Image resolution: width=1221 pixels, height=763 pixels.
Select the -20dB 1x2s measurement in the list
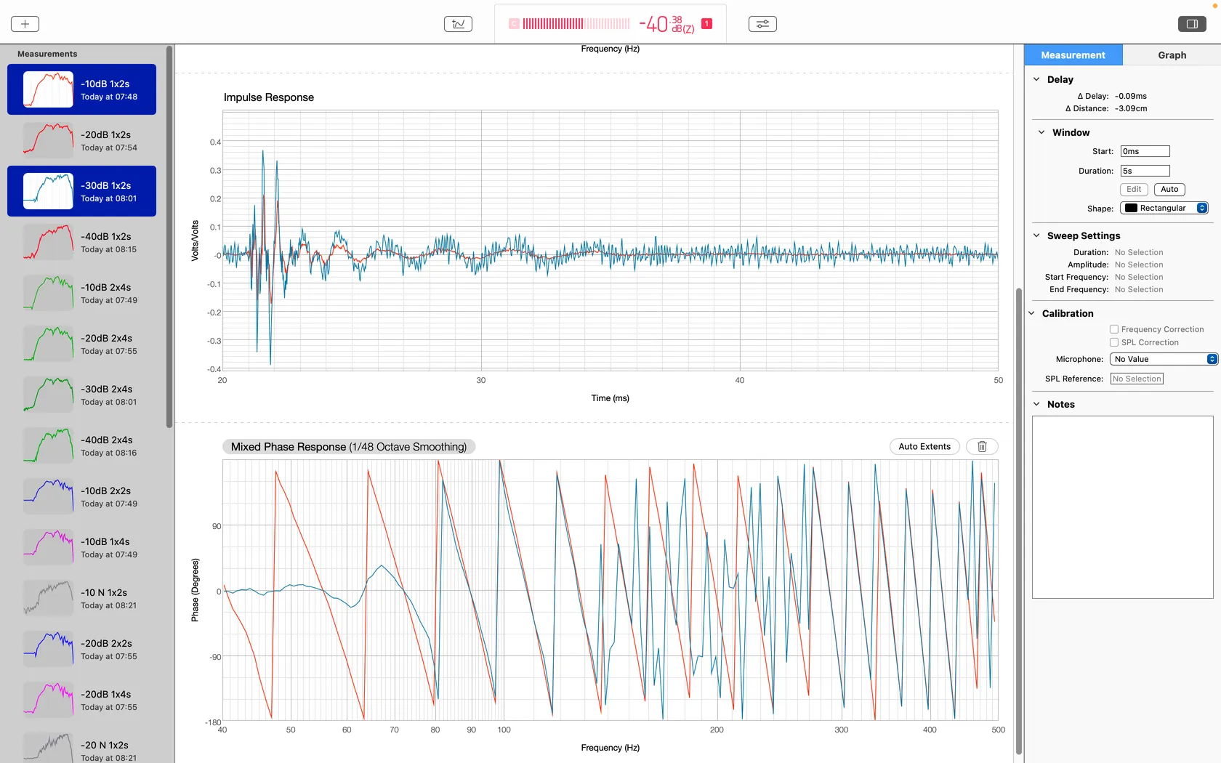click(81, 141)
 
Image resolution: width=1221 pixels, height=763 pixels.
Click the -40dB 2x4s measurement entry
click(81, 446)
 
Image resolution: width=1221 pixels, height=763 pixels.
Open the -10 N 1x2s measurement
click(81, 599)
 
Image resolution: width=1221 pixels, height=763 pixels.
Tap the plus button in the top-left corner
click(25, 24)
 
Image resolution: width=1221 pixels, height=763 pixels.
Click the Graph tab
click(1172, 55)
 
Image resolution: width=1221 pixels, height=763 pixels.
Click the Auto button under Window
click(1169, 189)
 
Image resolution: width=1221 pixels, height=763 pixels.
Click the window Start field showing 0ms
click(1145, 151)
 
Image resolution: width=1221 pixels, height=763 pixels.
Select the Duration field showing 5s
click(1145, 171)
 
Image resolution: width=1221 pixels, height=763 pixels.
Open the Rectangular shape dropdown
click(1164, 208)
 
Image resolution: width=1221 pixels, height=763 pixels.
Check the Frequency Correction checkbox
click(1114, 329)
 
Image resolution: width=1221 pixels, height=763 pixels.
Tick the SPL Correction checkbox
click(1114, 342)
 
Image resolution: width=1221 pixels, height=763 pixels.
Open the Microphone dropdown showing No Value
click(1163, 359)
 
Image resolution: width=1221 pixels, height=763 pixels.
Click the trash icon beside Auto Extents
click(982, 446)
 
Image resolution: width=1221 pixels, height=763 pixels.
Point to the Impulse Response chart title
click(269, 97)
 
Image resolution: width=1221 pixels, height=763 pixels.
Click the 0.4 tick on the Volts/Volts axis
click(215, 142)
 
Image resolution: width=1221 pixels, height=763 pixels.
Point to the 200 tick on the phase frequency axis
click(717, 730)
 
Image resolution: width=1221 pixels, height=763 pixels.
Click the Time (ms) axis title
click(610, 398)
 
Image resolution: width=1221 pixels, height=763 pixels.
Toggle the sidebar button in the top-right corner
click(1192, 24)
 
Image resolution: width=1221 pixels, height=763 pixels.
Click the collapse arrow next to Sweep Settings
click(1036, 235)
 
